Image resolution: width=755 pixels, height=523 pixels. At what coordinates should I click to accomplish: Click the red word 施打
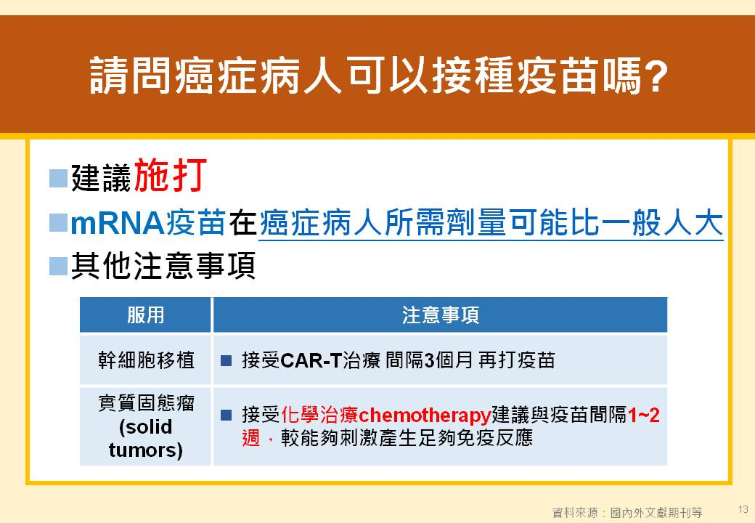click(x=171, y=175)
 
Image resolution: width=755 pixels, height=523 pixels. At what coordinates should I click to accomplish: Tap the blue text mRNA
click(x=118, y=224)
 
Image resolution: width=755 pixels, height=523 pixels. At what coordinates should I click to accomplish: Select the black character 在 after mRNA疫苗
click(x=242, y=223)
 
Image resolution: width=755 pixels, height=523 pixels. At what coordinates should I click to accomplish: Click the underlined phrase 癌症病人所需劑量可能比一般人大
click(x=491, y=223)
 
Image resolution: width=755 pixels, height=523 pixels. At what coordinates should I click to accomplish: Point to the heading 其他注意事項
click(x=163, y=266)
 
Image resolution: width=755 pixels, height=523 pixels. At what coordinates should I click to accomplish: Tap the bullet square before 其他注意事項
click(x=58, y=267)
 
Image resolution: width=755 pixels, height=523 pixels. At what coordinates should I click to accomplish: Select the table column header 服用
click(x=145, y=315)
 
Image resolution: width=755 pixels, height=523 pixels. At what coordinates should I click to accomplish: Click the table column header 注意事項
click(x=441, y=315)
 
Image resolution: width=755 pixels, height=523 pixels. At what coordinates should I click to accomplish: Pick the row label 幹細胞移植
click(x=146, y=360)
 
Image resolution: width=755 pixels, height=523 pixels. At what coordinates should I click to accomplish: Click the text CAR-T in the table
click(x=311, y=360)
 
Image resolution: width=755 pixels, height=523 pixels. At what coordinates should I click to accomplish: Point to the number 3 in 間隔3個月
click(x=429, y=360)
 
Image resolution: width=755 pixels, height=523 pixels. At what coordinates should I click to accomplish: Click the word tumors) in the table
click(x=145, y=450)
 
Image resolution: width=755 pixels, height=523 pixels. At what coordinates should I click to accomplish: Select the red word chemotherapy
click(x=425, y=415)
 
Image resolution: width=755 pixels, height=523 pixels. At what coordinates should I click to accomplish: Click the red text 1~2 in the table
click(x=643, y=415)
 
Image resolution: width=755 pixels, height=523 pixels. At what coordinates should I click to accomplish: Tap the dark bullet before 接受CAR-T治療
click(x=226, y=361)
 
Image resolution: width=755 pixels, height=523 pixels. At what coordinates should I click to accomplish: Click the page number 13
click(x=743, y=509)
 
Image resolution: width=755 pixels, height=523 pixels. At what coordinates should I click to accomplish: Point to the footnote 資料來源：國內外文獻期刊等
click(x=627, y=512)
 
